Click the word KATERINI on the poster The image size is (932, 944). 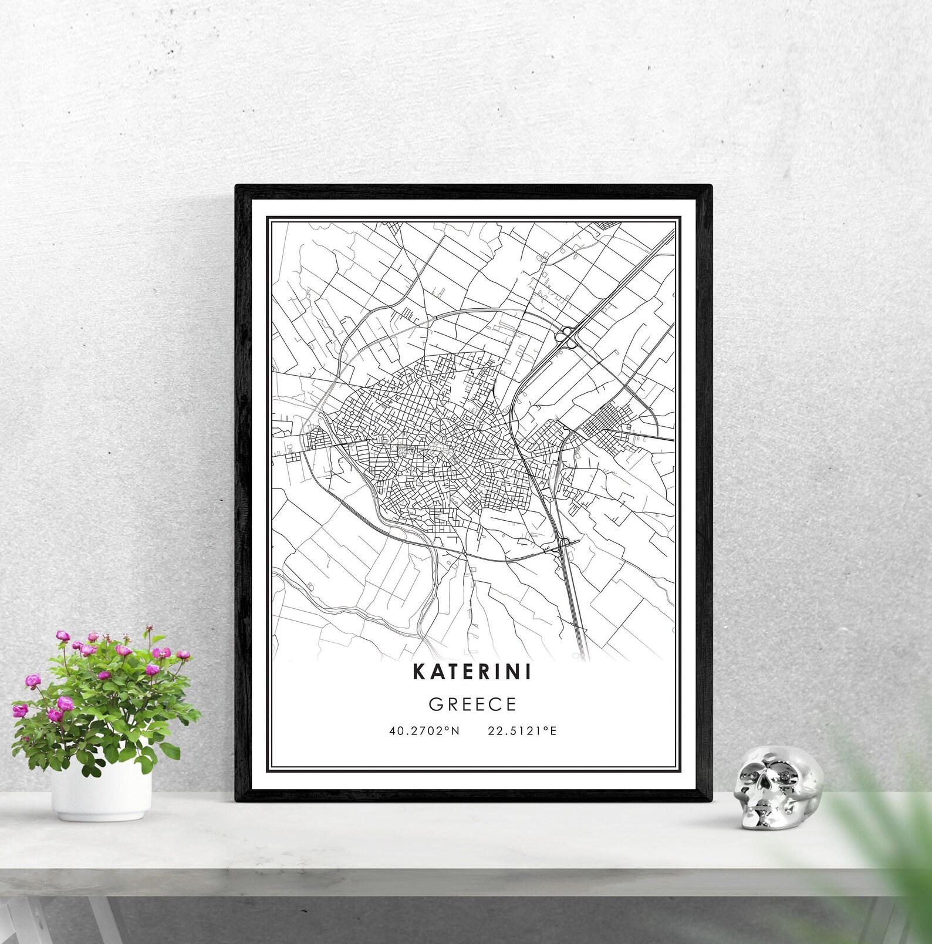click(x=472, y=672)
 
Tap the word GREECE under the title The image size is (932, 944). click(x=472, y=704)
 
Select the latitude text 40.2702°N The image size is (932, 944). click(x=424, y=731)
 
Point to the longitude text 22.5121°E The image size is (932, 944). click(x=522, y=731)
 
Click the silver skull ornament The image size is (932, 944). click(x=778, y=787)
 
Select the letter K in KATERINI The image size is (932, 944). click(x=420, y=672)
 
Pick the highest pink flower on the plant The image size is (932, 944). click(x=62, y=635)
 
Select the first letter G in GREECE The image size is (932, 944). click(x=435, y=704)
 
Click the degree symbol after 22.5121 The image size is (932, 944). click(x=545, y=729)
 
